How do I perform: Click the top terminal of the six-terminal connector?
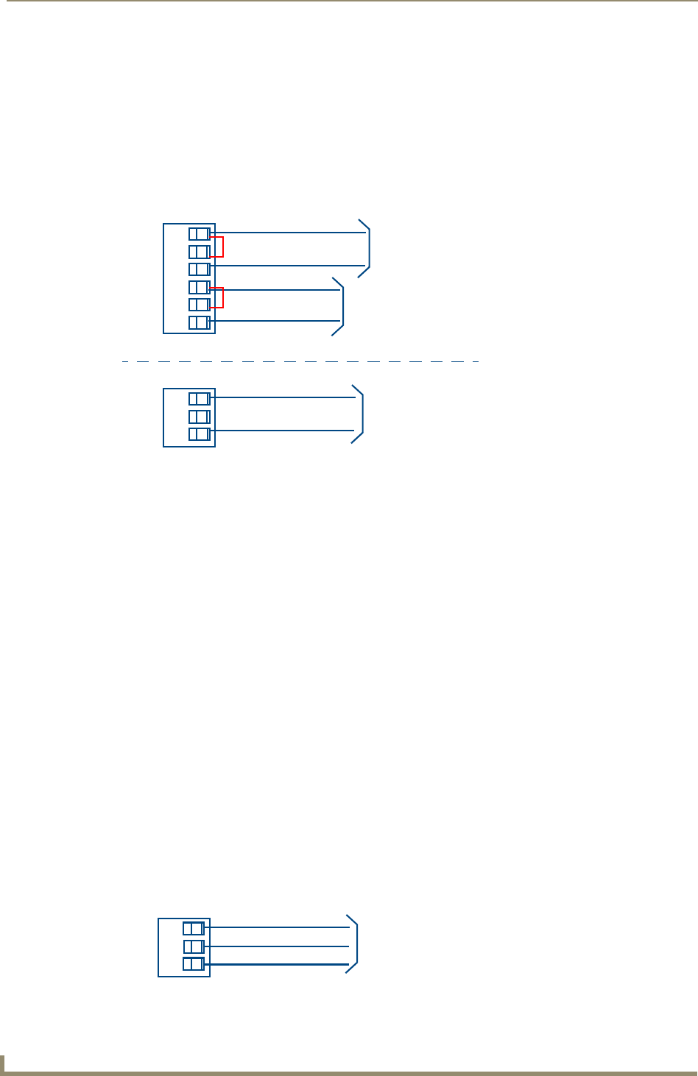tap(199, 234)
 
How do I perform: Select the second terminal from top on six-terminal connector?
tap(199, 252)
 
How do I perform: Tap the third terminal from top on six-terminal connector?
tap(199, 269)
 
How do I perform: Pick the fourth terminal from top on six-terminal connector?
tap(199, 287)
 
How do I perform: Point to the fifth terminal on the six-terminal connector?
tap(199, 305)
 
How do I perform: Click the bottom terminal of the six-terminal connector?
tap(199, 322)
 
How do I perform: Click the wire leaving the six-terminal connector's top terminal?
tap(287, 233)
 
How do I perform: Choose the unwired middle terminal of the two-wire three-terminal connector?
tap(199, 417)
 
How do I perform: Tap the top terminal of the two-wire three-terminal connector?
tap(199, 399)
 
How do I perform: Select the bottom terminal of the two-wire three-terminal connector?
tap(199, 434)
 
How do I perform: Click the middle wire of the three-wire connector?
tap(275, 946)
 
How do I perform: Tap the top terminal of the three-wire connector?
tap(193, 929)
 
